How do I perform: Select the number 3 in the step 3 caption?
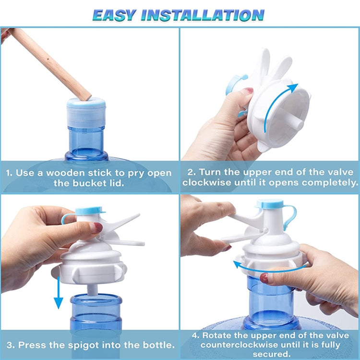pos(9,345)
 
